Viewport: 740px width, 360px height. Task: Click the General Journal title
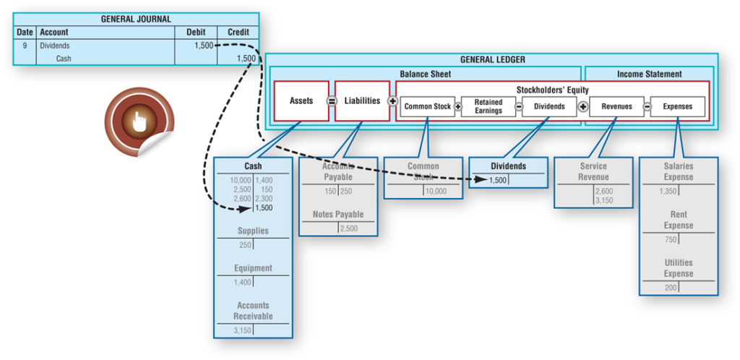136,19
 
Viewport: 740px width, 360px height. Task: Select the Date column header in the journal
25,32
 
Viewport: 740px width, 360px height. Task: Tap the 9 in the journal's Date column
25,46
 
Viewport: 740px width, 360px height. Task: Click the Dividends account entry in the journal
55,46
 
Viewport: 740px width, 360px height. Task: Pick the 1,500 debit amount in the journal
204,46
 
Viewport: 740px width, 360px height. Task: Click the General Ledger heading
492,60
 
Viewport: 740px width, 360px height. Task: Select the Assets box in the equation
301,101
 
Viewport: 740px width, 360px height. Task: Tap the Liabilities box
362,101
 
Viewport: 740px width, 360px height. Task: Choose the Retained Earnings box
489,106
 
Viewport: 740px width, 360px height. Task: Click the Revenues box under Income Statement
616,106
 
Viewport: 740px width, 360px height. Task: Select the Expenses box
677,106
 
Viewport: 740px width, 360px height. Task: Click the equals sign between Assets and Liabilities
332,101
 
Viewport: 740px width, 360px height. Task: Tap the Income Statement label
649,74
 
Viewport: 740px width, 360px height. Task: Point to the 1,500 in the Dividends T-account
497,180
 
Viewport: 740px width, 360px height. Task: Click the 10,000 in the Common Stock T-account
435,192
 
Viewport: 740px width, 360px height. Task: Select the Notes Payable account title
338,215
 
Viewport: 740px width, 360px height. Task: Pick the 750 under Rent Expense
671,240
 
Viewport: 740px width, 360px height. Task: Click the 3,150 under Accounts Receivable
241,330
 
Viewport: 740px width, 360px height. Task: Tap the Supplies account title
253,231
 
